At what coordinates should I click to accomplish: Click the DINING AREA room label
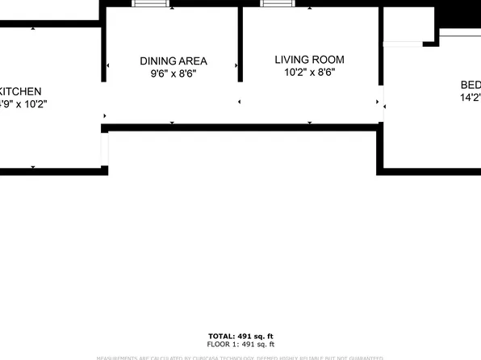[174, 61]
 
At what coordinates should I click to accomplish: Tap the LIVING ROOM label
[309, 59]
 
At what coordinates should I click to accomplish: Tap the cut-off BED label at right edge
[470, 86]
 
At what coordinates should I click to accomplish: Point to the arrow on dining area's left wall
[108, 66]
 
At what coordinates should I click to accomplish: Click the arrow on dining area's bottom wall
[172, 123]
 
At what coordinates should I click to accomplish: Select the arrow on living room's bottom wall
[310, 123]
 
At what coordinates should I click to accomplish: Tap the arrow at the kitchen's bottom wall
[33, 167]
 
